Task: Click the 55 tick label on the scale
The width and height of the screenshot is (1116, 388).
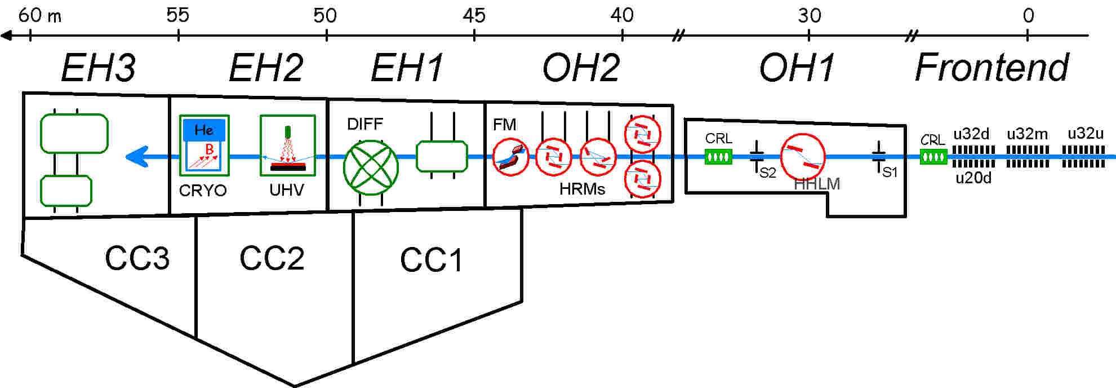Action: [x=177, y=15]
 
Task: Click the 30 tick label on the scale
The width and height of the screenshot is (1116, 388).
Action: [x=809, y=15]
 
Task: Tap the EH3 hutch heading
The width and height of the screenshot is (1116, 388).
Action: [x=98, y=68]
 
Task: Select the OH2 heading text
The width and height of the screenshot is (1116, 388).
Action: [x=581, y=68]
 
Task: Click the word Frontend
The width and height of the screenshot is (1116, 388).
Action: [x=991, y=68]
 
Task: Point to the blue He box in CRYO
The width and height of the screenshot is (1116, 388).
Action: [x=204, y=130]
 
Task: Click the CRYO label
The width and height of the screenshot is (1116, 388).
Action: [x=203, y=191]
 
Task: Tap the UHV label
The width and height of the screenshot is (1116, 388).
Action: [x=287, y=190]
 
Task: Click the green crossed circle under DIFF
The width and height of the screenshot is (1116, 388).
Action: [x=371, y=167]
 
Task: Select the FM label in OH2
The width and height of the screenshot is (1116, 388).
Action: [x=504, y=125]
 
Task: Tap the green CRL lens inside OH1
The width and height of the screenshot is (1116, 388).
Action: [x=718, y=157]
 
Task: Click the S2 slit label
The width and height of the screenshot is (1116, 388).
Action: [x=768, y=173]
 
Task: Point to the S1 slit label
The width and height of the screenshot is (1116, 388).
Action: [x=890, y=172]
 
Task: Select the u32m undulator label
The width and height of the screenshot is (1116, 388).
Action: [x=1027, y=134]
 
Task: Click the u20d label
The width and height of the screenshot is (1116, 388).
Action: [x=973, y=179]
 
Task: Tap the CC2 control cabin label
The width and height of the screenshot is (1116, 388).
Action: [x=272, y=258]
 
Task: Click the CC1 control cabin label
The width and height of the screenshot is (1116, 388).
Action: [x=431, y=261]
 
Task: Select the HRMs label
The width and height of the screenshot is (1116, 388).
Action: [x=582, y=189]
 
